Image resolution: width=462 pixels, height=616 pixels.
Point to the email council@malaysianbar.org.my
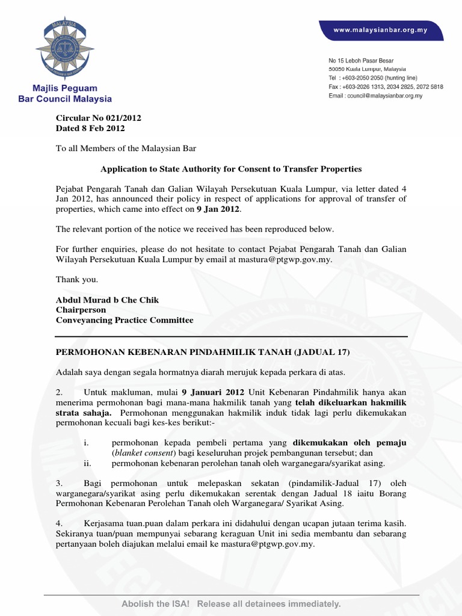click(375, 96)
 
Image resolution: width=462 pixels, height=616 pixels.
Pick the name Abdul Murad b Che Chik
click(107, 300)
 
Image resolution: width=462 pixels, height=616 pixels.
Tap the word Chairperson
click(81, 310)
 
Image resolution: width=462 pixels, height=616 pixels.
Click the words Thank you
click(76, 280)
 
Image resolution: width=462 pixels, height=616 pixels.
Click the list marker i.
click(87, 443)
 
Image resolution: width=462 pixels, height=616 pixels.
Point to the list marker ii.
click(88, 463)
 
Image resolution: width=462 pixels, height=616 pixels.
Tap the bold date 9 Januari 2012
click(215, 392)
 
